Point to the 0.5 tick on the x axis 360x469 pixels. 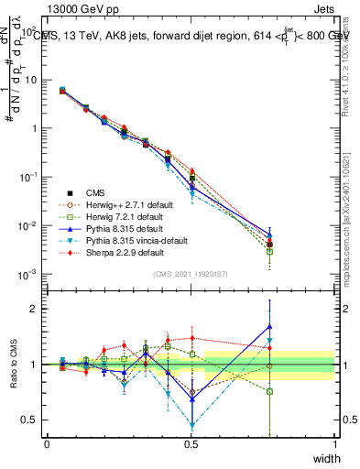click(191, 443)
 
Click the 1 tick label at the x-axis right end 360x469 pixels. click(334, 443)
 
